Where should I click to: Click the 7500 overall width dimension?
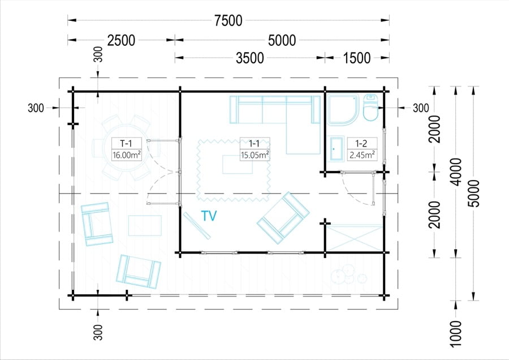228,20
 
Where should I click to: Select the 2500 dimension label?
121,41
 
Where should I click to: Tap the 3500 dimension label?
250,58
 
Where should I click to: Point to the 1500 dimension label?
356,58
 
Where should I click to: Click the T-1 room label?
126,143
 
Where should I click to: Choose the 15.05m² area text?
255,155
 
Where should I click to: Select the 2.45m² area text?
363,155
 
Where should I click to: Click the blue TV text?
209,216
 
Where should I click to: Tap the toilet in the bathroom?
370,108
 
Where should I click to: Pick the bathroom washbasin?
337,149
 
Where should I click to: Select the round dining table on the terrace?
126,148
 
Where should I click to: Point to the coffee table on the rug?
238,164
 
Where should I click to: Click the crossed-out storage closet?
355,238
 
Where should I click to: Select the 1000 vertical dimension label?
456,333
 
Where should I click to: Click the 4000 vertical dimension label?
456,172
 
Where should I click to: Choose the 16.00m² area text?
126,155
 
